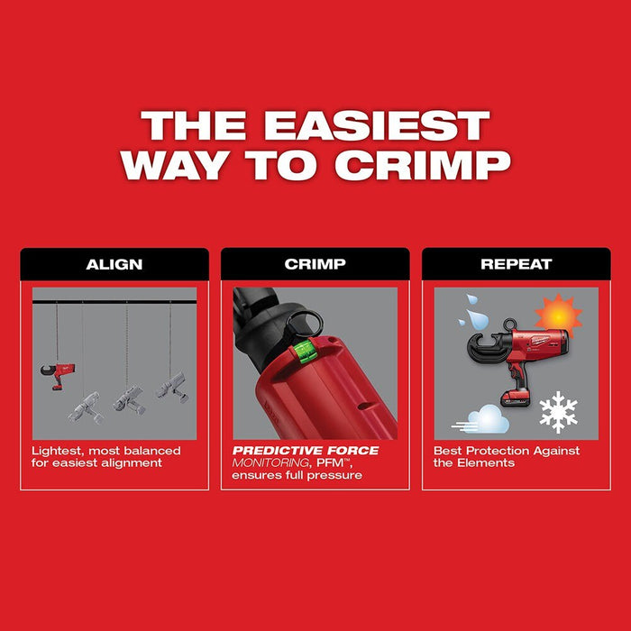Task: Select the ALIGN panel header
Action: [114, 265]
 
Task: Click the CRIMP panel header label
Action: [315, 265]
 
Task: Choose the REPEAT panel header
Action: [516, 265]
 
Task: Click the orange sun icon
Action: [559, 315]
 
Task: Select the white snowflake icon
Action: [558, 412]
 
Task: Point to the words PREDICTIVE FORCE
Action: [306, 451]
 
